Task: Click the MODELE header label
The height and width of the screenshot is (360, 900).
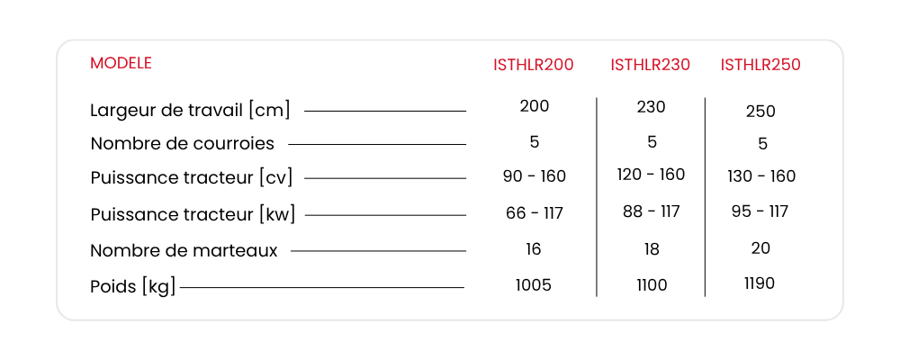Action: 121,63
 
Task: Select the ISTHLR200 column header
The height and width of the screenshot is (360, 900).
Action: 533,65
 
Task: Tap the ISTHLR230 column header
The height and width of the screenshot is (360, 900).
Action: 651,65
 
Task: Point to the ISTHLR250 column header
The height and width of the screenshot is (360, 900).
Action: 760,65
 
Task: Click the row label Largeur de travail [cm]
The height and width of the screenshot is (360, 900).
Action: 190,110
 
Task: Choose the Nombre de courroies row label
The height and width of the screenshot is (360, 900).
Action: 183,143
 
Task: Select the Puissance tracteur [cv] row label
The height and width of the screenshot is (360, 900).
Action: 192,178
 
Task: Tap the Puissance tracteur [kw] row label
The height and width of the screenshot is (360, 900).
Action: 193,215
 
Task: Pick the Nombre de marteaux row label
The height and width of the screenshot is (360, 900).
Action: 184,251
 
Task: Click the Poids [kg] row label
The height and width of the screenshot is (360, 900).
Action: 132,286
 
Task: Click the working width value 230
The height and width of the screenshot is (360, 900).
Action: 651,107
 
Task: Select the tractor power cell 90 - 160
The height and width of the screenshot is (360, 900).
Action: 535,176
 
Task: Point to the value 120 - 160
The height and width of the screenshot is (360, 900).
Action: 651,174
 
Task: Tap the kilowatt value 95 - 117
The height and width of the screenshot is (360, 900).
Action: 760,211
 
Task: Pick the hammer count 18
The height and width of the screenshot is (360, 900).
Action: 652,249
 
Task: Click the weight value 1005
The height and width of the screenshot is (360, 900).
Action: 533,285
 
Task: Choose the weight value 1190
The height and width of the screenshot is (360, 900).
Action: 760,283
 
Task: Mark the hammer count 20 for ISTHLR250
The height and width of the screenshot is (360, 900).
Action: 760,248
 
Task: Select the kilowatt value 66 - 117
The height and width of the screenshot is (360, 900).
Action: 535,213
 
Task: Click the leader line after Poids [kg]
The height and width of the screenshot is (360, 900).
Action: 322,287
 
